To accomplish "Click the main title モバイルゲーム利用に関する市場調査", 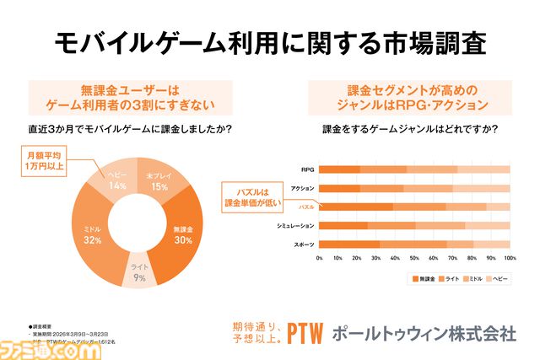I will tap(270, 42).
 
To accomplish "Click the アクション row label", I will tap(303, 188).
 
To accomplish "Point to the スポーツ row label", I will tap(305, 244).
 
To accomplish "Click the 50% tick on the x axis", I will tap(414, 259).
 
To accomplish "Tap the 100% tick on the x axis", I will tap(509, 259).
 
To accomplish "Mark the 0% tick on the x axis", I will tap(319, 259).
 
